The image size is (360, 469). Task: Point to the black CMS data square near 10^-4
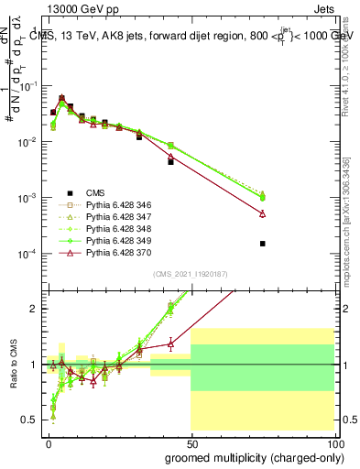(263, 244)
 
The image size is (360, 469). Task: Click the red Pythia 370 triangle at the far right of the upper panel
(263, 213)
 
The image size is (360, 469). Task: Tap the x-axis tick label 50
(192, 442)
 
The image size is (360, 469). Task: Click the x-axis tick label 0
(49, 442)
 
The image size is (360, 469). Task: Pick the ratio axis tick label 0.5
(30, 420)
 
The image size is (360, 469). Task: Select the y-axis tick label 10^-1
(27, 86)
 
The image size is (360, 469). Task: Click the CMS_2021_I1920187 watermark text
(191, 275)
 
